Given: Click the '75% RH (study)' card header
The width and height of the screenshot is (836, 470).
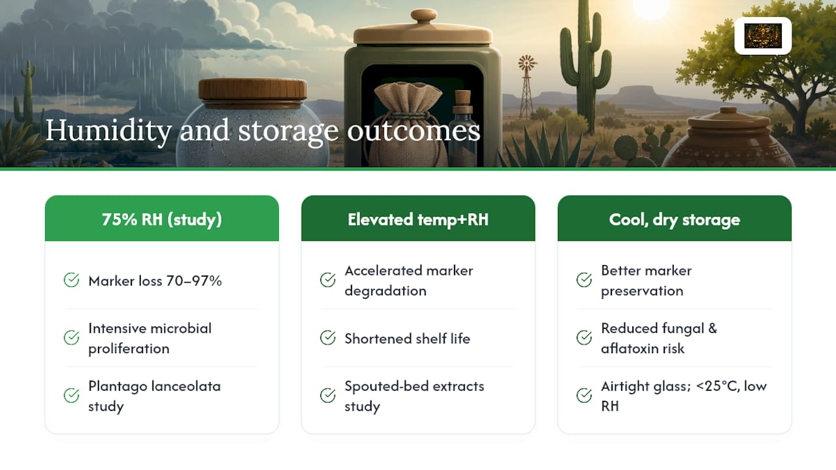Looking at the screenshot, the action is (x=161, y=219).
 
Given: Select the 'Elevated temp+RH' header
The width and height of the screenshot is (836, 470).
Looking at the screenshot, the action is (x=418, y=219).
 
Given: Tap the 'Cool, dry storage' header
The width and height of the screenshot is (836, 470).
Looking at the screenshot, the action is (x=675, y=219).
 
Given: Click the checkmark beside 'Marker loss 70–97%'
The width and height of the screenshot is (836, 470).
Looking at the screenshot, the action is (x=71, y=280).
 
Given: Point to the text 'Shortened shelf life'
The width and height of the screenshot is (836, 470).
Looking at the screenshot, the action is (x=407, y=338).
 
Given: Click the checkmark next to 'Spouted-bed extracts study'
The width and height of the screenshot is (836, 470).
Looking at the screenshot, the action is (x=328, y=396).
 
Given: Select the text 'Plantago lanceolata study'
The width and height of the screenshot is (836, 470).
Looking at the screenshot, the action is (x=154, y=396).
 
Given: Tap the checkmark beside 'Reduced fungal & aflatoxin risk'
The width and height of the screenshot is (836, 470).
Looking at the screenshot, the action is (x=584, y=338).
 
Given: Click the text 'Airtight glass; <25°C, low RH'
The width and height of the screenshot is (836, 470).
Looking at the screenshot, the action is (x=684, y=396).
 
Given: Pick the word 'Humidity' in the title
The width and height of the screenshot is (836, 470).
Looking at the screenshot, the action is (x=108, y=131).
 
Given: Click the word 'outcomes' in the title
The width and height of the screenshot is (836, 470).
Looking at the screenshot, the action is (x=413, y=131).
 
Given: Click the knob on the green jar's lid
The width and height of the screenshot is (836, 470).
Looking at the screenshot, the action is (x=423, y=16).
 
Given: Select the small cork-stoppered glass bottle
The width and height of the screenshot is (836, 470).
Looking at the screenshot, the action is (x=463, y=129).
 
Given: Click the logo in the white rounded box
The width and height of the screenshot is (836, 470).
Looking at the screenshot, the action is (x=763, y=36).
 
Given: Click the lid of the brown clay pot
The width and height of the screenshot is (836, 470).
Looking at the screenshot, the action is (x=728, y=119).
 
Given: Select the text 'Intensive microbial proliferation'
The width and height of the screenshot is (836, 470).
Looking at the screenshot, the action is (x=150, y=338).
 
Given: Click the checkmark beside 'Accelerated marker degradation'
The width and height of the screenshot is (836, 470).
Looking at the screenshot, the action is (x=328, y=280).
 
